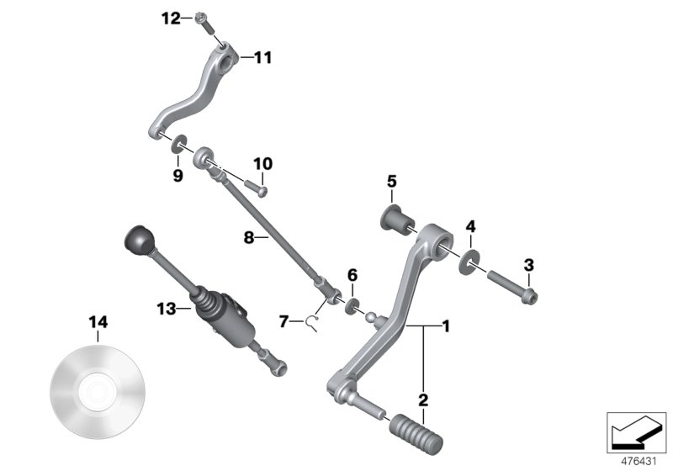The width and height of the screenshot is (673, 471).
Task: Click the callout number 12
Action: (x=172, y=18)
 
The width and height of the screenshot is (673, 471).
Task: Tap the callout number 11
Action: (x=262, y=58)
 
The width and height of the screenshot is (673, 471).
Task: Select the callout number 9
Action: (x=178, y=176)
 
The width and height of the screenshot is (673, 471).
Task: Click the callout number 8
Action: (x=248, y=238)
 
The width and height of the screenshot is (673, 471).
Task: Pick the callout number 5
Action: (x=391, y=181)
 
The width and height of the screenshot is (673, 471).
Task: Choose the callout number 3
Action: (x=528, y=265)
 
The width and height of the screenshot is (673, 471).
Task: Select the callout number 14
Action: (x=98, y=322)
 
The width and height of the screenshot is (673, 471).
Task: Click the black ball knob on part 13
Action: (x=136, y=241)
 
